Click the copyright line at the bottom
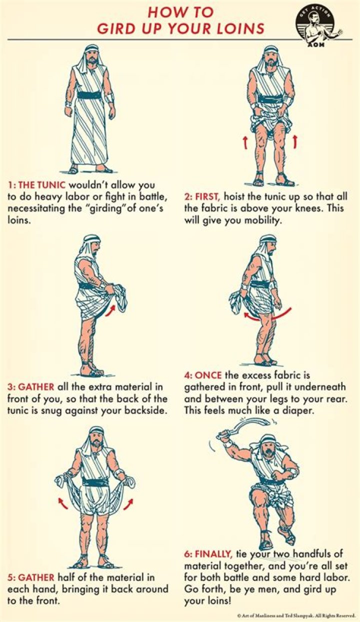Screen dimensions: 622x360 296,616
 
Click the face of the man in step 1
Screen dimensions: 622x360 91,56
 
